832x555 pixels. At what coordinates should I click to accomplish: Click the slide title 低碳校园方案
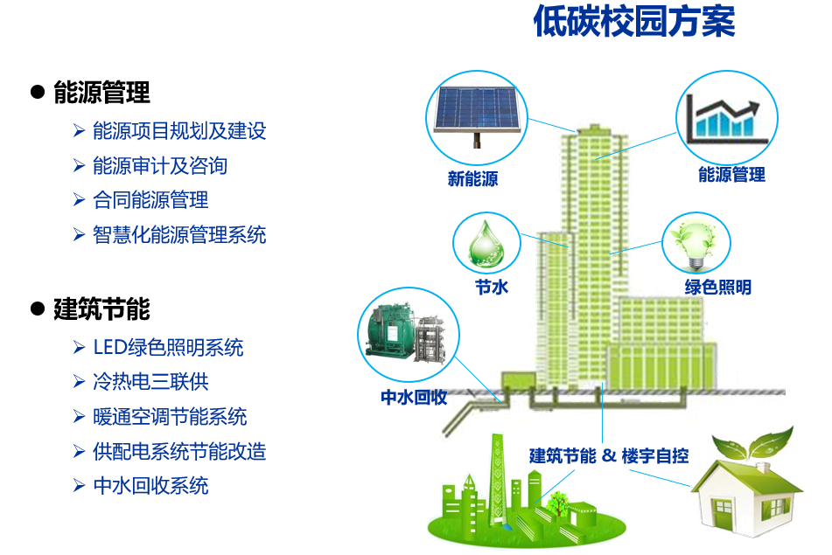coord(634,21)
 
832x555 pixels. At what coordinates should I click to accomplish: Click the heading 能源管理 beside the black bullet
coord(101,93)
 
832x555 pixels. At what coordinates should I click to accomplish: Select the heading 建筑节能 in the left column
coord(101,309)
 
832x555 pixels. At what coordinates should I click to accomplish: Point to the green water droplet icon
coord(486,243)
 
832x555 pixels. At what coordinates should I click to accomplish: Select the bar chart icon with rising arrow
coord(726,119)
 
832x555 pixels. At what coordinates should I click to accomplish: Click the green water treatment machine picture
coord(409,334)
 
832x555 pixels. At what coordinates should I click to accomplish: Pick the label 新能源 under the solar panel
coord(472,179)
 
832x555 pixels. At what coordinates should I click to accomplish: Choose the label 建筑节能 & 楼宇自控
coord(609,456)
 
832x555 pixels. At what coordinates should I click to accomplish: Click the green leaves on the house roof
coord(752,444)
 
